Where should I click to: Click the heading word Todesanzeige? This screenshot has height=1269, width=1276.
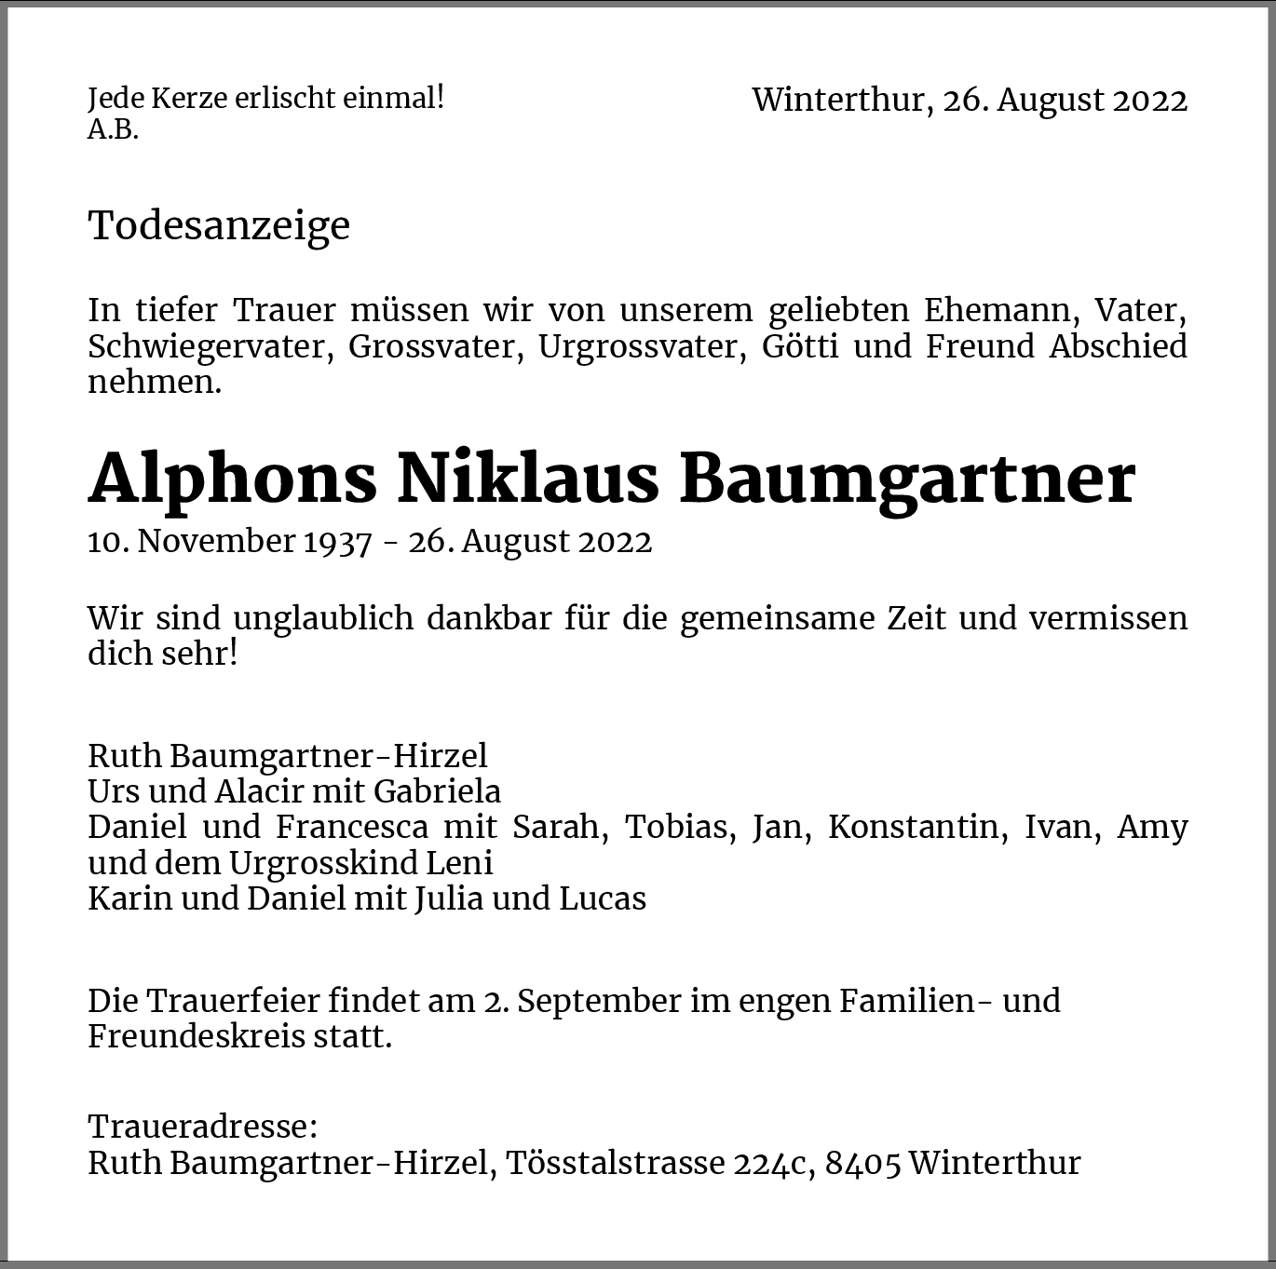point(219,226)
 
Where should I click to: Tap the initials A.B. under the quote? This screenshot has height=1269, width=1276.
point(113,130)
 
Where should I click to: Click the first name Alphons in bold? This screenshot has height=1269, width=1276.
point(233,479)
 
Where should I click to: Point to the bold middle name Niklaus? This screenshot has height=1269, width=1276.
point(528,479)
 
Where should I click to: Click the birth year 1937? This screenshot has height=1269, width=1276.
point(338,541)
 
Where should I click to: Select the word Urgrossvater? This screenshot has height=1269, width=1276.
point(642,346)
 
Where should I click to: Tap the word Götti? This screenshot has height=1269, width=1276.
point(800,346)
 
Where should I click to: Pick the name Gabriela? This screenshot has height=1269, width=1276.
point(437,791)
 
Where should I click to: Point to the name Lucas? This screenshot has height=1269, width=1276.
point(603,898)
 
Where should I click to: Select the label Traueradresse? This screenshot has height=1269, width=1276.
point(203,1127)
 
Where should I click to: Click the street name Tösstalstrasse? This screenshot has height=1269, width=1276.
point(616,1163)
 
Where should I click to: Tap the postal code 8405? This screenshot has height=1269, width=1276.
point(862,1163)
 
